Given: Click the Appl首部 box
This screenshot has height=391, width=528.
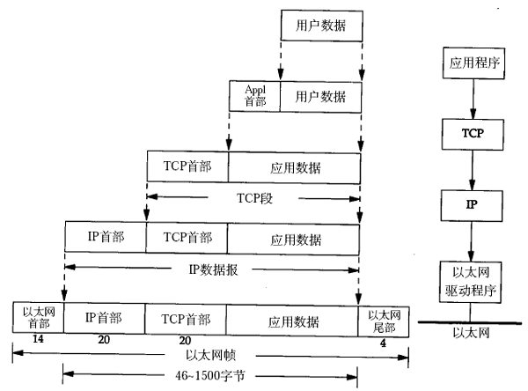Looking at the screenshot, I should coord(254,95).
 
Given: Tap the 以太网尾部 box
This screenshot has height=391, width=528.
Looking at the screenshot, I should coord(384,317).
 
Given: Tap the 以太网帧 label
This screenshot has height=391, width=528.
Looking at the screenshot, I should coord(211,356).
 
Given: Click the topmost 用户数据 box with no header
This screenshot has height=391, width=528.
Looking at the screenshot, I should coord(320,26).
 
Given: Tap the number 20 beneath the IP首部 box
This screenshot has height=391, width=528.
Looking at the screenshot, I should coord(104,340).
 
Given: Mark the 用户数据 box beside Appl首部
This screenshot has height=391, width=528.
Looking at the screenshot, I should coord(320,95).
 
